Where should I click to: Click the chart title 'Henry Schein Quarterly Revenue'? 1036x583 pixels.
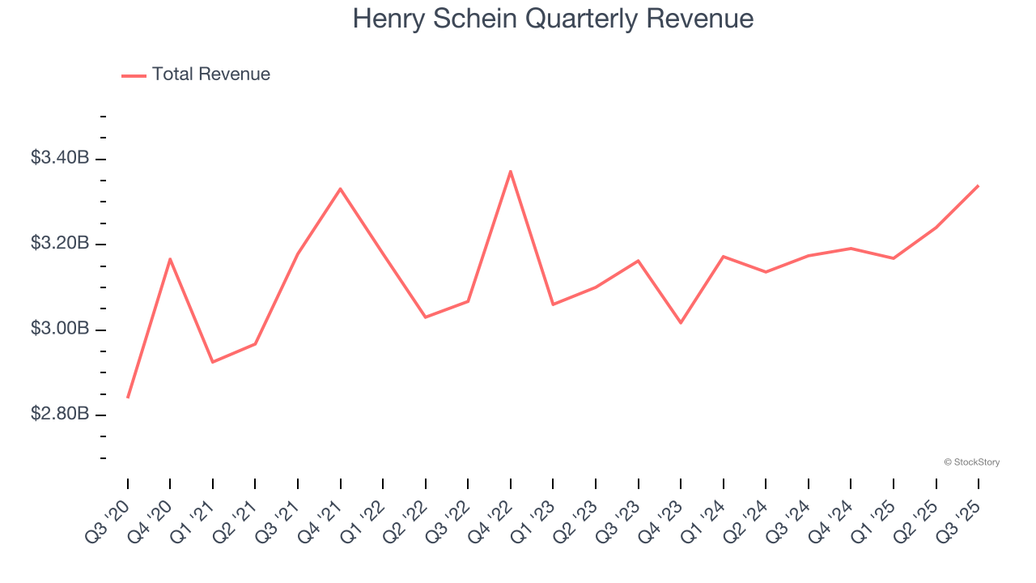pos(553,19)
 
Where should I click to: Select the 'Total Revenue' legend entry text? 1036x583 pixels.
pos(210,74)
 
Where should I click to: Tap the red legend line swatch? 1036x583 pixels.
pos(134,75)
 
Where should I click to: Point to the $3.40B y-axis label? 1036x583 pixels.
pos(60,158)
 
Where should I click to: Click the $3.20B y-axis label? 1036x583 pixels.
pos(60,244)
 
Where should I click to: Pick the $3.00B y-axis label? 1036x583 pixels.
pos(60,329)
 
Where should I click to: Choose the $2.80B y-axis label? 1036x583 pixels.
pos(60,415)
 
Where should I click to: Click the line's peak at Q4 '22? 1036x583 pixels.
pos(511,171)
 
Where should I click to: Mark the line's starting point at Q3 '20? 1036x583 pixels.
pos(128,398)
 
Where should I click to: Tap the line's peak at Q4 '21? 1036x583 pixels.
pos(341,189)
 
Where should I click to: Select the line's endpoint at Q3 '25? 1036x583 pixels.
pos(979,185)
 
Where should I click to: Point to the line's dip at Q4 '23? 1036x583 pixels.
pos(681,323)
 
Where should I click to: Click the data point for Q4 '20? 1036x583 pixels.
pos(170,259)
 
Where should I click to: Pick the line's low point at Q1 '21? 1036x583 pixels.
pos(213,362)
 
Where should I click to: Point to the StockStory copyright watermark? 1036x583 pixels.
pos(971,462)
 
